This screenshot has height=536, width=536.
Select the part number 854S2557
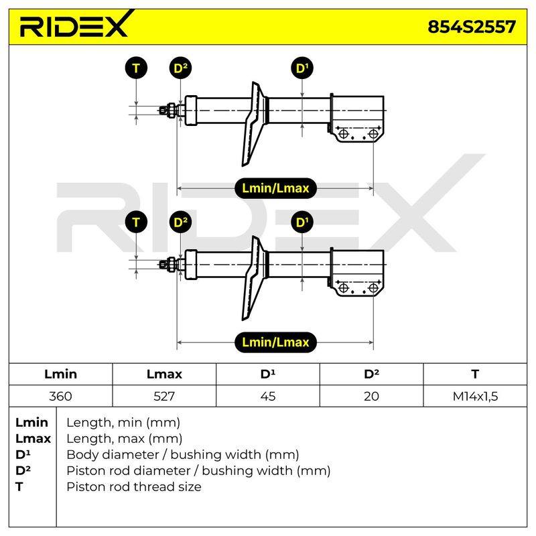pyautogui.click(x=472, y=27)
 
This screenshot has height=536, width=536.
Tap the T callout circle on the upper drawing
pyautogui.click(x=136, y=68)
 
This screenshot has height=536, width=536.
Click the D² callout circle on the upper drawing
pyautogui.click(x=180, y=68)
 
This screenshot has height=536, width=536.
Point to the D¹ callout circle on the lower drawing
pyautogui.click(x=302, y=222)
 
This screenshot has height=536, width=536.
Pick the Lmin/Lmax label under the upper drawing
pyautogui.click(x=275, y=188)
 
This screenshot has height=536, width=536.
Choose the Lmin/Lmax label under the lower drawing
pyautogui.click(x=275, y=342)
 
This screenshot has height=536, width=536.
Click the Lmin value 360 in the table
pyautogui.click(x=60, y=396)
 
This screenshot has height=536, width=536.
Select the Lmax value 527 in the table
pyautogui.click(x=164, y=396)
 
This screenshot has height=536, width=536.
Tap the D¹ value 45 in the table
pyautogui.click(x=267, y=396)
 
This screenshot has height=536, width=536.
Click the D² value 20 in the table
pyautogui.click(x=371, y=396)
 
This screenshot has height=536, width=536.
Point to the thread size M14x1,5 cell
pyautogui.click(x=475, y=396)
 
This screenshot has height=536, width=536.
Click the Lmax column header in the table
pyautogui.click(x=164, y=374)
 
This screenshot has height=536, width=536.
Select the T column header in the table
pyautogui.click(x=475, y=374)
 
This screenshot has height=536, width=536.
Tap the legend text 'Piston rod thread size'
pyautogui.click(x=133, y=487)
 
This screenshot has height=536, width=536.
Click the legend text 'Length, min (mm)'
pyautogui.click(x=123, y=423)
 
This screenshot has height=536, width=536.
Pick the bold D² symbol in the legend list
pyautogui.click(x=23, y=470)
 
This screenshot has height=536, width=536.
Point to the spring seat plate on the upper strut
pyautogui.click(x=255, y=124)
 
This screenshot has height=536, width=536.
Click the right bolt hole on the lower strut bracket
pyautogui.click(x=373, y=288)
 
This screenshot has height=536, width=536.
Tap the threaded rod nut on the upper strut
pyautogui.click(x=171, y=110)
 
